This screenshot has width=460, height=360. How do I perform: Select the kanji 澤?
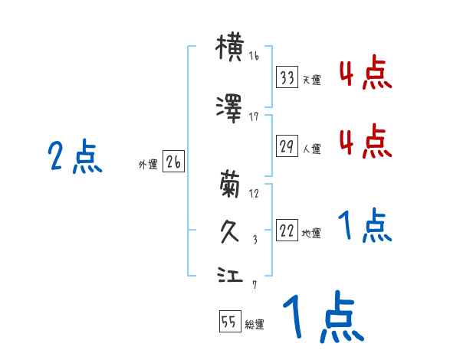coord(230,108)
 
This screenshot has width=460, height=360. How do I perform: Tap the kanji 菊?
coord(230,185)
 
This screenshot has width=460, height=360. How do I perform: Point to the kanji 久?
coord(230,231)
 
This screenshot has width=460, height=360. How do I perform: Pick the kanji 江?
coord(230,275)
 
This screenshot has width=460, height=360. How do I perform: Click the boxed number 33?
coord(287,78)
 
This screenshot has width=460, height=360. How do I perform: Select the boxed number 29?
coord(287,147)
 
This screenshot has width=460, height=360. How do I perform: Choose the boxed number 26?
coord(173,162)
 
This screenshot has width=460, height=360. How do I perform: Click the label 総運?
coord(255,325)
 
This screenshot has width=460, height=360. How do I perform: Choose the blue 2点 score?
coord(75,159)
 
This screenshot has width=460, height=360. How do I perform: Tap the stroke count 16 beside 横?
coord(255,57)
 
